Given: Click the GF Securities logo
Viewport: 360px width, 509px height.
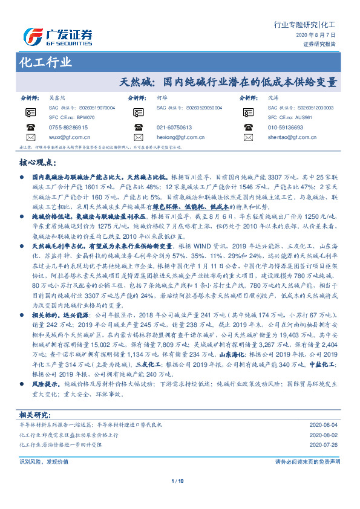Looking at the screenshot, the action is click(x=57, y=37).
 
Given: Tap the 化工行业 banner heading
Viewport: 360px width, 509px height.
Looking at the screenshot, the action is click(x=46, y=62).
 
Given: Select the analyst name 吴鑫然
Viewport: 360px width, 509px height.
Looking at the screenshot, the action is click(x=57, y=97).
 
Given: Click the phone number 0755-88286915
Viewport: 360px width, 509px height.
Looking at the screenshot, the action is click(x=68, y=128).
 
